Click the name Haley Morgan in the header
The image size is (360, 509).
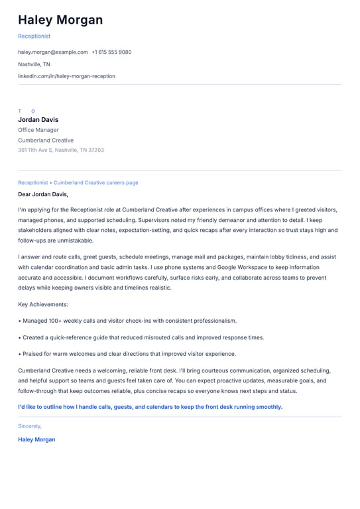pyautogui.click(x=60, y=20)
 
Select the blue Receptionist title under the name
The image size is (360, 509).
pyautogui.click(x=34, y=36)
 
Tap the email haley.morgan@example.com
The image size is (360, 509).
pyautogui.click(x=53, y=52)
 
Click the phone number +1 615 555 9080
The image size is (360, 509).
pyautogui.click(x=111, y=52)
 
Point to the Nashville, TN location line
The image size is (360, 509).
pyautogui.click(x=34, y=64)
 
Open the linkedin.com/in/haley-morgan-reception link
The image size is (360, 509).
pyautogui.click(x=66, y=76)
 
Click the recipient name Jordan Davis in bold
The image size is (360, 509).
pyautogui.click(x=38, y=119)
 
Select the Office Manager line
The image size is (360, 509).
pyautogui.click(x=38, y=130)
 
